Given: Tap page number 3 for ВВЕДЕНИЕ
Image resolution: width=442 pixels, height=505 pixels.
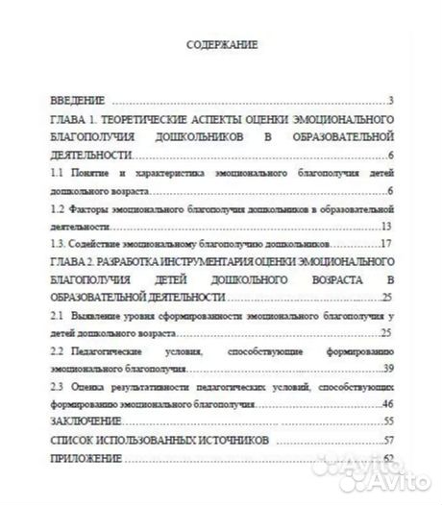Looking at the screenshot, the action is coord(392,101).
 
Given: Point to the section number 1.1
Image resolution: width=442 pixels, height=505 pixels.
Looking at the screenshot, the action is coord(56,170).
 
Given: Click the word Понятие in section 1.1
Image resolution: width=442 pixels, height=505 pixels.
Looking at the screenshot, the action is coord(89,170).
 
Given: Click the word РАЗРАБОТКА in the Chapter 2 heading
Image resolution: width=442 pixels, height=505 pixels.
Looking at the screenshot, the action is coord(134,262).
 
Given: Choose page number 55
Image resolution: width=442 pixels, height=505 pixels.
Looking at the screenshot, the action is coord(389,422).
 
